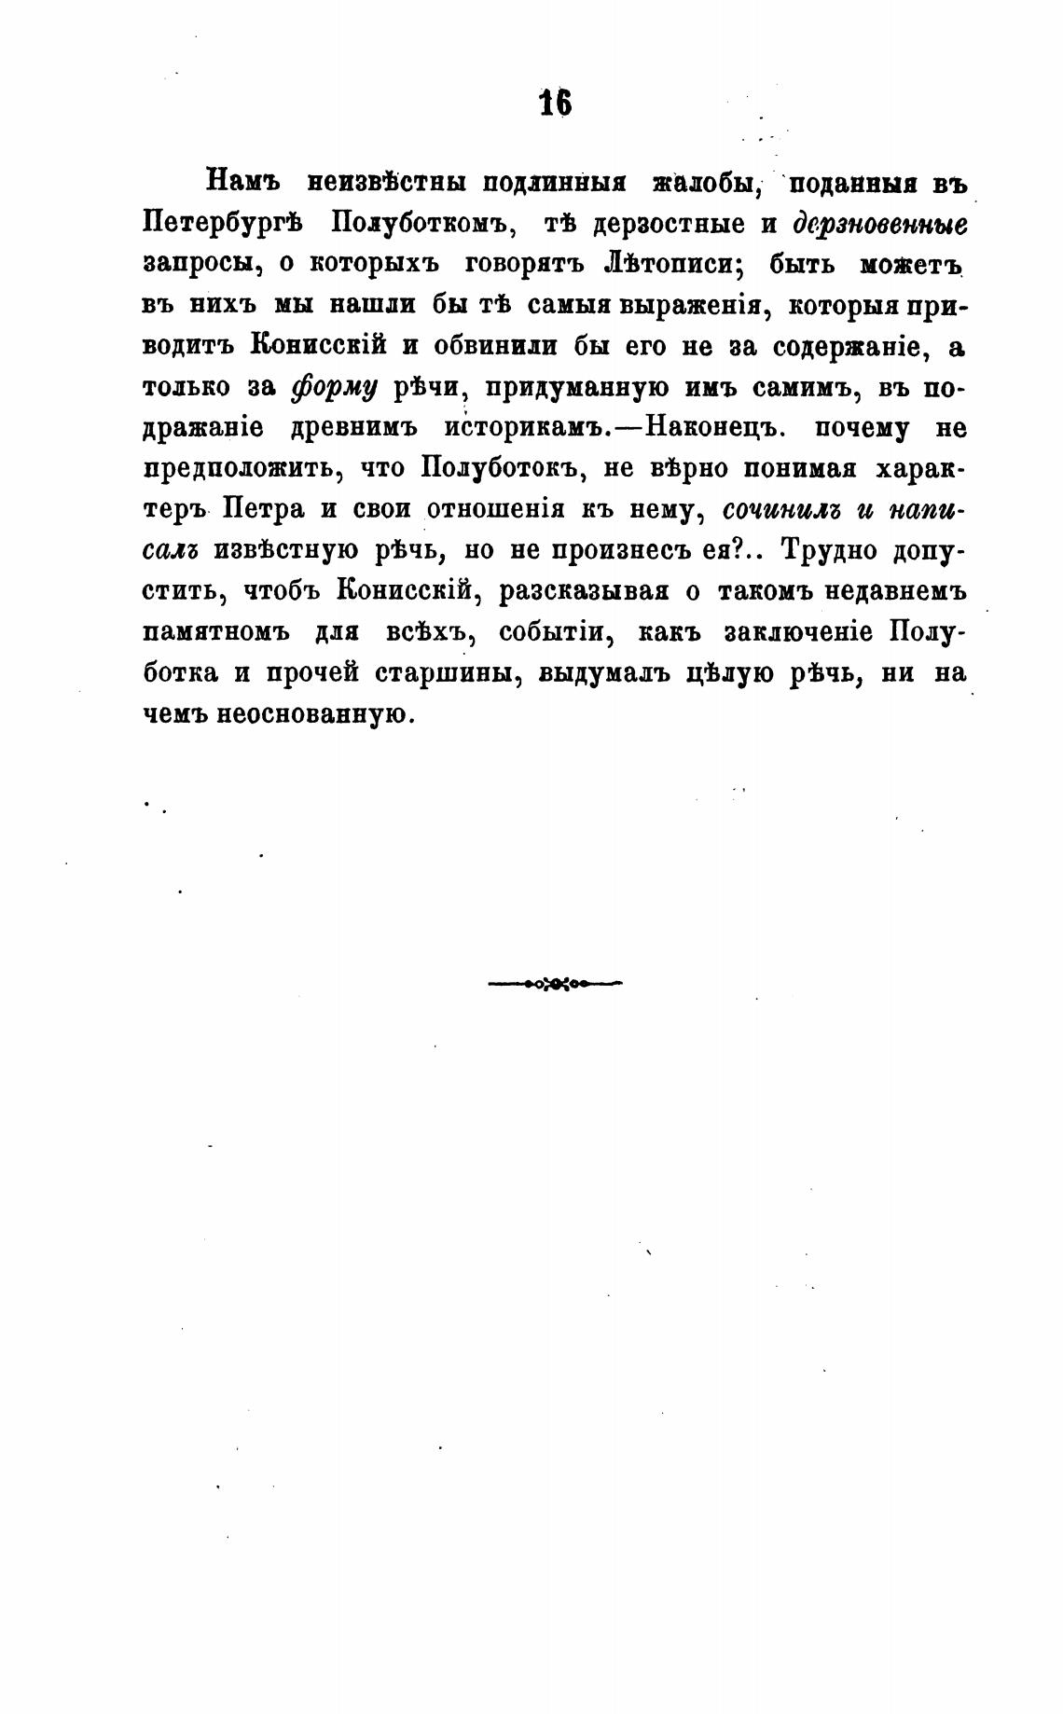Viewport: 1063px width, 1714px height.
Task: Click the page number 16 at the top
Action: (x=555, y=103)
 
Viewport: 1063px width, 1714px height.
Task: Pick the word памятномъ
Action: (x=214, y=631)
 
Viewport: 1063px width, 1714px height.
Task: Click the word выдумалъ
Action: (x=604, y=672)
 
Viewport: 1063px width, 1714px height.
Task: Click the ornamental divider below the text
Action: (x=555, y=982)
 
